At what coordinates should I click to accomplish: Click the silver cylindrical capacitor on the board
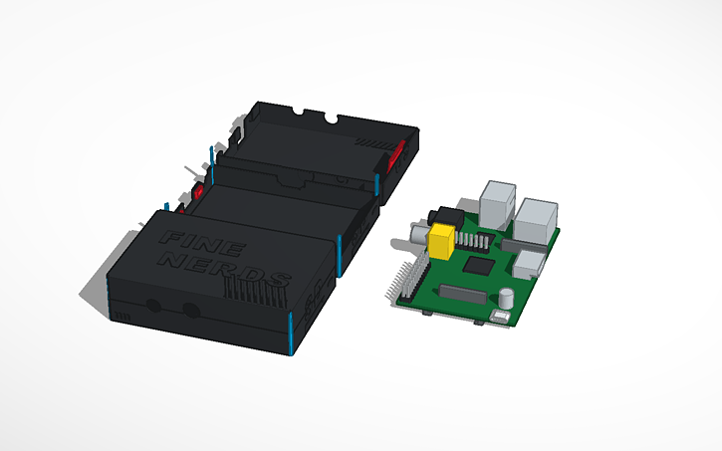coord(508,298)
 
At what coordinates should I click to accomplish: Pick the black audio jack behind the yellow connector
coord(439,215)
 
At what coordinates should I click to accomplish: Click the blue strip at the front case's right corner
coord(289,334)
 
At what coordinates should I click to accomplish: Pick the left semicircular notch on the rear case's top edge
coord(301,112)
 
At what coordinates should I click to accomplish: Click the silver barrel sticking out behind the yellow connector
coord(415,232)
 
